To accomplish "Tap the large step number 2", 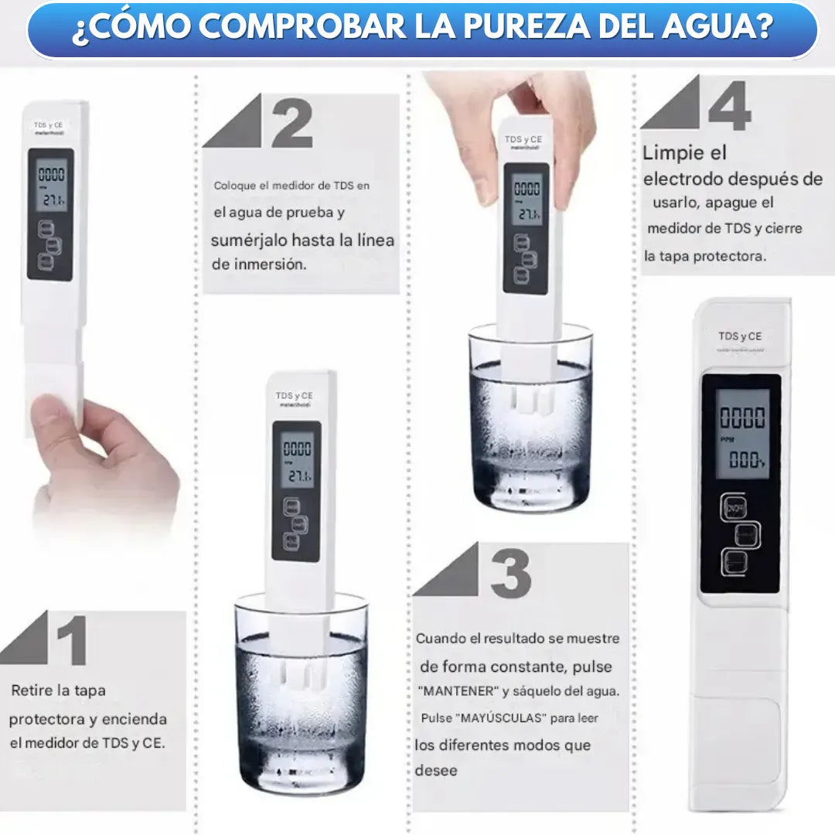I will [x=292, y=121].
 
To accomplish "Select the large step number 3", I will [x=510, y=572].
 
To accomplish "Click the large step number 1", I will [x=71, y=641].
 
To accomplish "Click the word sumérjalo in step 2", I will [x=249, y=240].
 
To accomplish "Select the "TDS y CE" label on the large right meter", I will [x=739, y=336].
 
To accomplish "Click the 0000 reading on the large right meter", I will [x=742, y=418].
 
